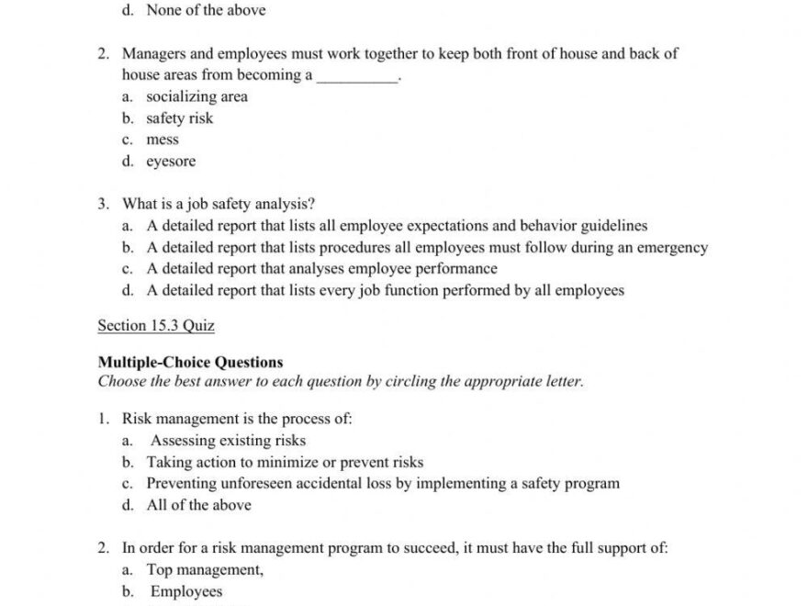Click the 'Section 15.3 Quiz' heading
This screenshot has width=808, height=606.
[155, 325]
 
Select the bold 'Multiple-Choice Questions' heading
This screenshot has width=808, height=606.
[190, 363]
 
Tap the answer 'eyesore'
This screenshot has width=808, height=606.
[171, 162]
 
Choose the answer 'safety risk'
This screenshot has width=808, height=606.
[179, 118]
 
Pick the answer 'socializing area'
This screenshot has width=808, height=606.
[196, 96]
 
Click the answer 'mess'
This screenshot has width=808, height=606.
[163, 140]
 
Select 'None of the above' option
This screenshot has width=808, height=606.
[206, 10]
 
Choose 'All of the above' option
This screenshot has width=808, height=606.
[198, 505]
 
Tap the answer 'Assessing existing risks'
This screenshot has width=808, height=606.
[228, 441]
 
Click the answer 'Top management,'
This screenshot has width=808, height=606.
[205, 569]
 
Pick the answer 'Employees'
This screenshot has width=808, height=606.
[185, 591]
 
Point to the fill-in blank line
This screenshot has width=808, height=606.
[357, 77]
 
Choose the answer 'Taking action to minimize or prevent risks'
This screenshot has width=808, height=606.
[285, 462]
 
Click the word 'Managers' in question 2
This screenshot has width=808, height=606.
[152, 53]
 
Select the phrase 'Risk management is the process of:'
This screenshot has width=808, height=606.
[237, 419]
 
